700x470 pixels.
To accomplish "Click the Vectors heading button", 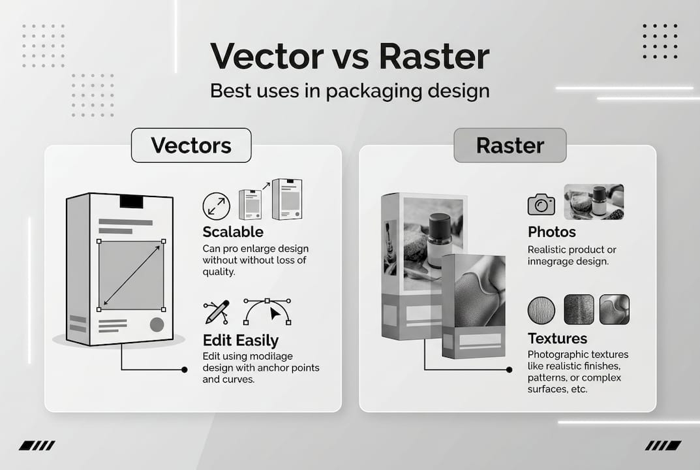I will tap(191, 145).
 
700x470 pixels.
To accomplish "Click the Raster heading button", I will tap(510, 145).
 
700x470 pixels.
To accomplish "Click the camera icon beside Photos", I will tap(541, 204).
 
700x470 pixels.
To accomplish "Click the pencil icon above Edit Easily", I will tap(217, 312).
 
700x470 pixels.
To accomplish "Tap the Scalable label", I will tap(233, 232).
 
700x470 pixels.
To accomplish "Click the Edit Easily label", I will tap(241, 340).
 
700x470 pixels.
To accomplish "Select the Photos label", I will tap(552, 232).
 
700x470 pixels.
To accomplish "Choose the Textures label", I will tap(557, 339).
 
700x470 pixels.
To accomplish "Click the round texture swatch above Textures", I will tap(541, 309).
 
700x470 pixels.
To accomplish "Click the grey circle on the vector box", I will tap(157, 324).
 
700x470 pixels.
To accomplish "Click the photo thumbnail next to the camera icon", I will tap(593, 202).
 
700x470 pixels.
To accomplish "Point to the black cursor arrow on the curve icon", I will tap(277, 314).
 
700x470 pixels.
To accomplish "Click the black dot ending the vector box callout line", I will tap(184, 369).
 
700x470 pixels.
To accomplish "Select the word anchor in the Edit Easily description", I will tap(266, 368).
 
